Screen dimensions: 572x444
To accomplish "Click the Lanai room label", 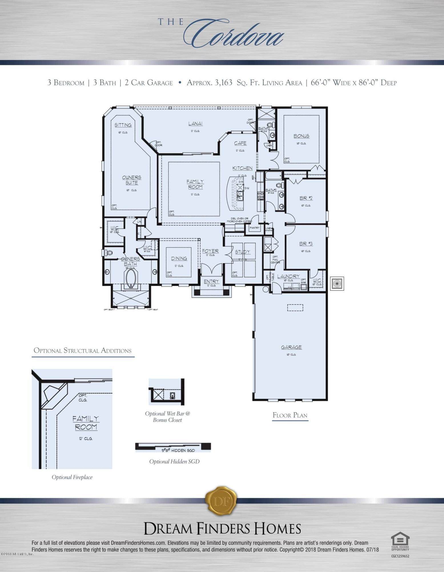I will pyautogui.click(x=196, y=124).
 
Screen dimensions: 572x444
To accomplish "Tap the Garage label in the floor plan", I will pyautogui.click(x=291, y=347).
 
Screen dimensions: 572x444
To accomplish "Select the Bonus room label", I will pyautogui.click(x=301, y=136).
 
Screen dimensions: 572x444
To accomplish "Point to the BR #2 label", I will pyautogui.click(x=306, y=198).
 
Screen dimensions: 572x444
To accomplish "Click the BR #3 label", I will pyautogui.click(x=306, y=244).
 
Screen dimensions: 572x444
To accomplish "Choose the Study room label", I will pyautogui.click(x=242, y=252).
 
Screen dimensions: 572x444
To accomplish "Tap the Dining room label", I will pyautogui.click(x=179, y=259).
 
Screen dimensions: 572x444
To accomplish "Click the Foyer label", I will pyautogui.click(x=210, y=251).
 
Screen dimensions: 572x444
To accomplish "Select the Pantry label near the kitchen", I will pyautogui.click(x=254, y=228).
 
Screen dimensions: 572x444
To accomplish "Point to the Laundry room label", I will pyautogui.click(x=288, y=276).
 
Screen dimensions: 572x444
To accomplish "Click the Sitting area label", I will pyautogui.click(x=123, y=125).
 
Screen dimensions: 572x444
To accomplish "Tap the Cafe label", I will pyautogui.click(x=240, y=143).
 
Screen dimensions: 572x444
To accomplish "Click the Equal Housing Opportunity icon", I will pyautogui.click(x=400, y=541).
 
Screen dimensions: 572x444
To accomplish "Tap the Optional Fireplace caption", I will pyautogui.click(x=72, y=477).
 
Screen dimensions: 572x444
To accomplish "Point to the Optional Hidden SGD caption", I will pyautogui.click(x=174, y=461).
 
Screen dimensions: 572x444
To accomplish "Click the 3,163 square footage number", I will pyautogui.click(x=222, y=83).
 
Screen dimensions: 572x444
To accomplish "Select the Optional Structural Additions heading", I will pyautogui.click(x=83, y=351).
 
